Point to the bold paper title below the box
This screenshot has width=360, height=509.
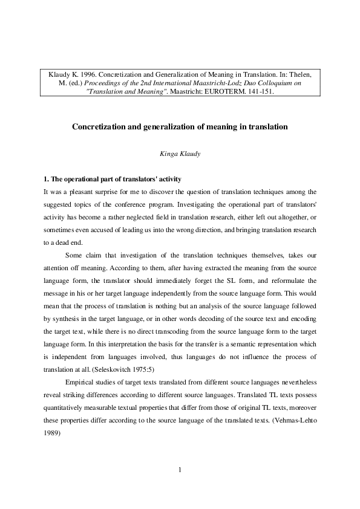(x=180, y=127)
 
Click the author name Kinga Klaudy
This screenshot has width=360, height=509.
(x=180, y=154)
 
